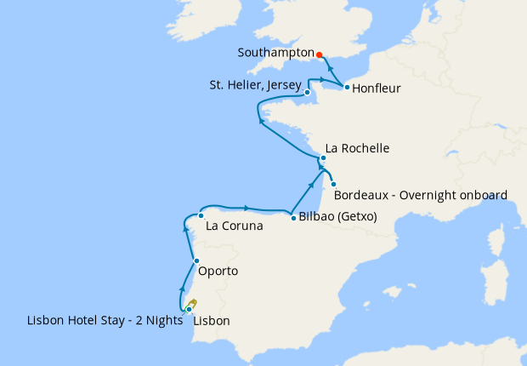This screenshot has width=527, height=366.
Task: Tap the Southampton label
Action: pyautogui.click(x=275, y=52)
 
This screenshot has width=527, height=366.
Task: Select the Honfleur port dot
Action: pyautogui.click(x=347, y=87)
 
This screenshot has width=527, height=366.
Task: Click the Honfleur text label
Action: pyautogui.click(x=377, y=88)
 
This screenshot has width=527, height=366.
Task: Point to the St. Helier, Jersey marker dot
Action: pyautogui.click(x=307, y=92)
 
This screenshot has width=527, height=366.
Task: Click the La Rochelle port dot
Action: pyautogui.click(x=323, y=157)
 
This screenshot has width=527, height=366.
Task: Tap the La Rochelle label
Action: pyautogui.click(x=358, y=148)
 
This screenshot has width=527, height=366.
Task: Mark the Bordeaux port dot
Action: pyautogui.click(x=333, y=185)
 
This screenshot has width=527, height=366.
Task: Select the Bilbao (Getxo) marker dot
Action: pyautogui.click(x=293, y=218)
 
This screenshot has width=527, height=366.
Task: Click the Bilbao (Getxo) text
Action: pyautogui.click(x=337, y=217)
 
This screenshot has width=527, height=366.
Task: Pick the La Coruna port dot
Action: pyautogui.click(x=201, y=215)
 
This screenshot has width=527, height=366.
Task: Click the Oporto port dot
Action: pyautogui.click(x=196, y=261)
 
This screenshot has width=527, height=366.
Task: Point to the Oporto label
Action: pyautogui.click(x=218, y=272)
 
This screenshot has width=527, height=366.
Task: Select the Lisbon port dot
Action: pyautogui.click(x=188, y=310)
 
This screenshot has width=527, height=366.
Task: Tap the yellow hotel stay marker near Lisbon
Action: pyautogui.click(x=193, y=303)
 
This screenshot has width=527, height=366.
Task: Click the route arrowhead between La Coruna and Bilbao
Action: pyautogui.click(x=246, y=208)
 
